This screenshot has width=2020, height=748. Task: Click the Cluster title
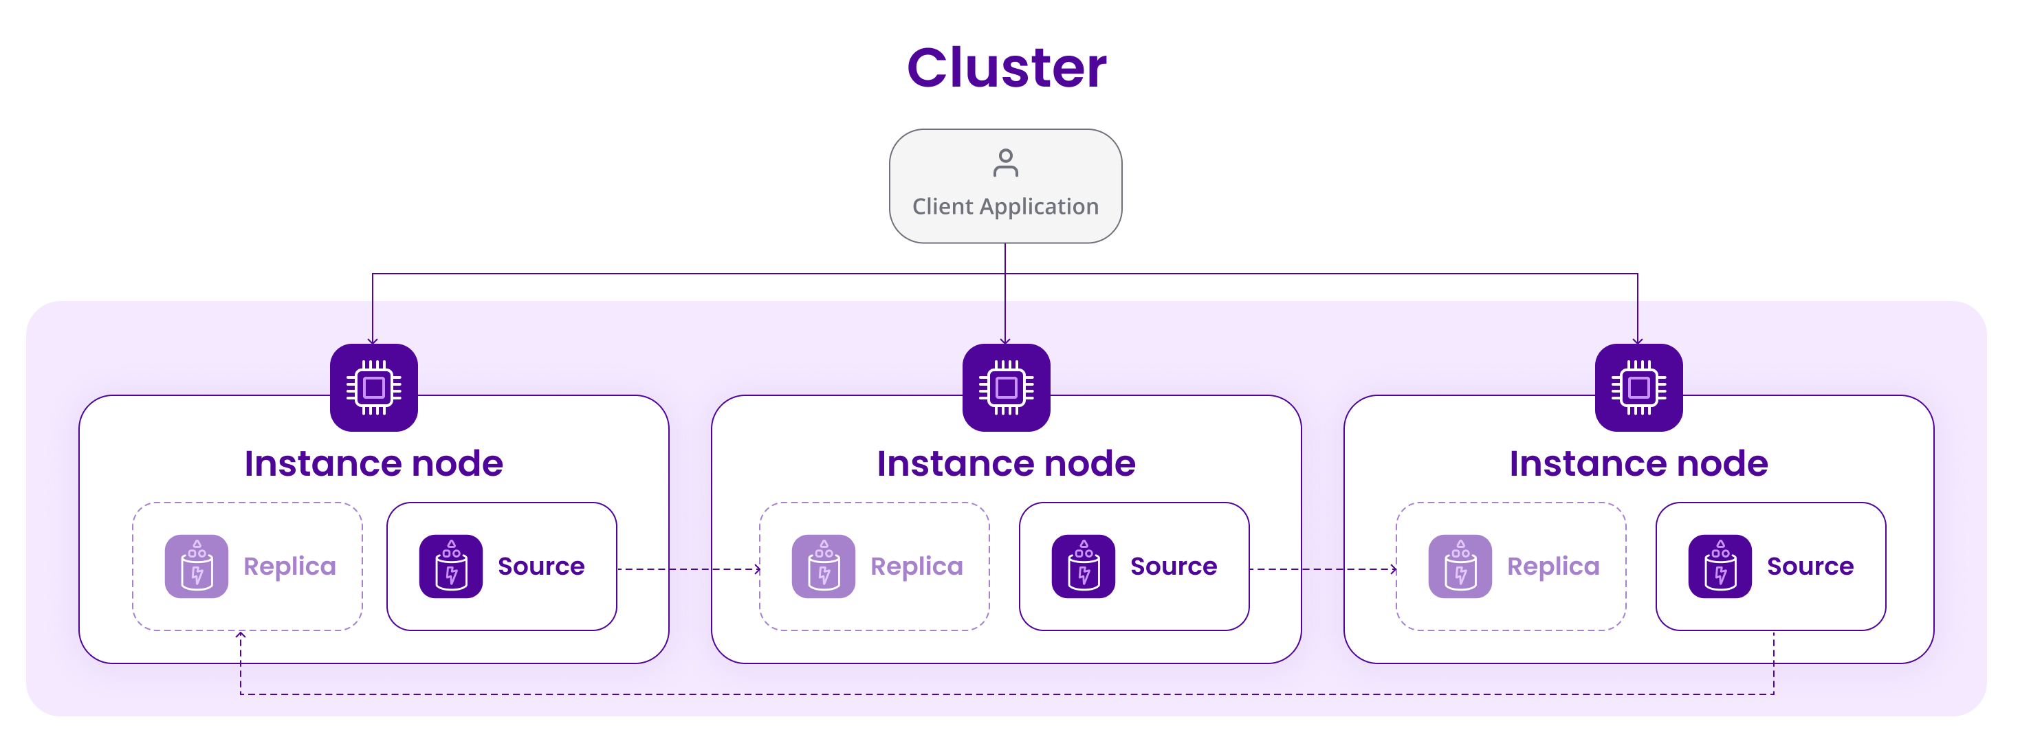pos(1006,67)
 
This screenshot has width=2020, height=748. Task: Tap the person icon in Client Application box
pos(1005,163)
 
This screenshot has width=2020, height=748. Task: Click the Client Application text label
pos(1005,206)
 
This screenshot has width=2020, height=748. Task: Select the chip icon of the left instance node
pos(373,387)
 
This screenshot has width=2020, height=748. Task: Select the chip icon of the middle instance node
pos(1006,387)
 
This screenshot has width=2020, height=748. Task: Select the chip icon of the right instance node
pos(1639,387)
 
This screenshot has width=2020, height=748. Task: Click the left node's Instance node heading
pos(373,463)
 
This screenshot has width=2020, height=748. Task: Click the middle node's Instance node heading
pos(1006,463)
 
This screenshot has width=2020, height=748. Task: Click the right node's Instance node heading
pos(1639,463)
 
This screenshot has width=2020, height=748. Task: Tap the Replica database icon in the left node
pos(196,566)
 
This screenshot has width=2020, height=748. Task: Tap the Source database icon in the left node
pos(451,566)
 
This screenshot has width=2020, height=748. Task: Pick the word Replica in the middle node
pos(916,566)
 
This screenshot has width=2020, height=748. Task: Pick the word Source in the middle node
pos(1173,566)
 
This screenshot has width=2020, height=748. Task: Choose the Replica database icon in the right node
pos(1460,566)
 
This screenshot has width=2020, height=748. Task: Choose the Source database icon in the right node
pos(1720,566)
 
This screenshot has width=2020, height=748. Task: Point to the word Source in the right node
pos(1810,566)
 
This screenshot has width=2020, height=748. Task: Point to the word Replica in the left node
pos(289,566)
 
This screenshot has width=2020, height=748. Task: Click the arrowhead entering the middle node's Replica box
pos(758,569)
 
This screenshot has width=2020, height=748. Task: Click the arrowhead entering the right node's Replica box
pos(1394,569)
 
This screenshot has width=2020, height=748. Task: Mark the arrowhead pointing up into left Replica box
pos(241,635)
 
